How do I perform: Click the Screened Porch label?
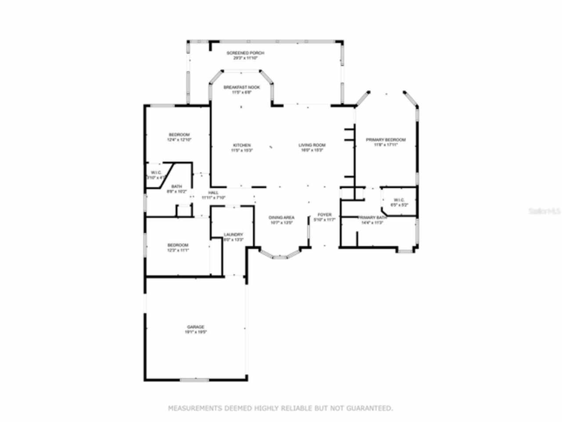tap(245, 53)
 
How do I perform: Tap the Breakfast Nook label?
tap(241, 87)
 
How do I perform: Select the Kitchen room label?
tap(241, 145)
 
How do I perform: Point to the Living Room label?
tap(312, 145)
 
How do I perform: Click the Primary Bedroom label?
tap(386, 140)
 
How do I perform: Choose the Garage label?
tap(195, 327)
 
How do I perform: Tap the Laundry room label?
tap(233, 235)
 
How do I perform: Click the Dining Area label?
tap(281, 218)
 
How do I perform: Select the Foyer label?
tap(324, 215)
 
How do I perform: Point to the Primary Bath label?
tap(372, 218)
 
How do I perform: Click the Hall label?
tap(213, 193)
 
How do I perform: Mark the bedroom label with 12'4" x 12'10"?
tap(179, 135)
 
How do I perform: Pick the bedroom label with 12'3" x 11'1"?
tap(178, 245)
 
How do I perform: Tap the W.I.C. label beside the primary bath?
tap(399, 200)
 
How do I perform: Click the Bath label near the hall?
tap(177, 186)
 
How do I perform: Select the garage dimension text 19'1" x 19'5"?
tap(195, 332)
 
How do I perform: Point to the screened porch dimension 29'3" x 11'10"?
tap(245, 58)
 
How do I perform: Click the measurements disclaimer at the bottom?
tap(281, 408)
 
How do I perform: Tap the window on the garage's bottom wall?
tap(195, 379)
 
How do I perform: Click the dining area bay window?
tap(280, 255)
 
